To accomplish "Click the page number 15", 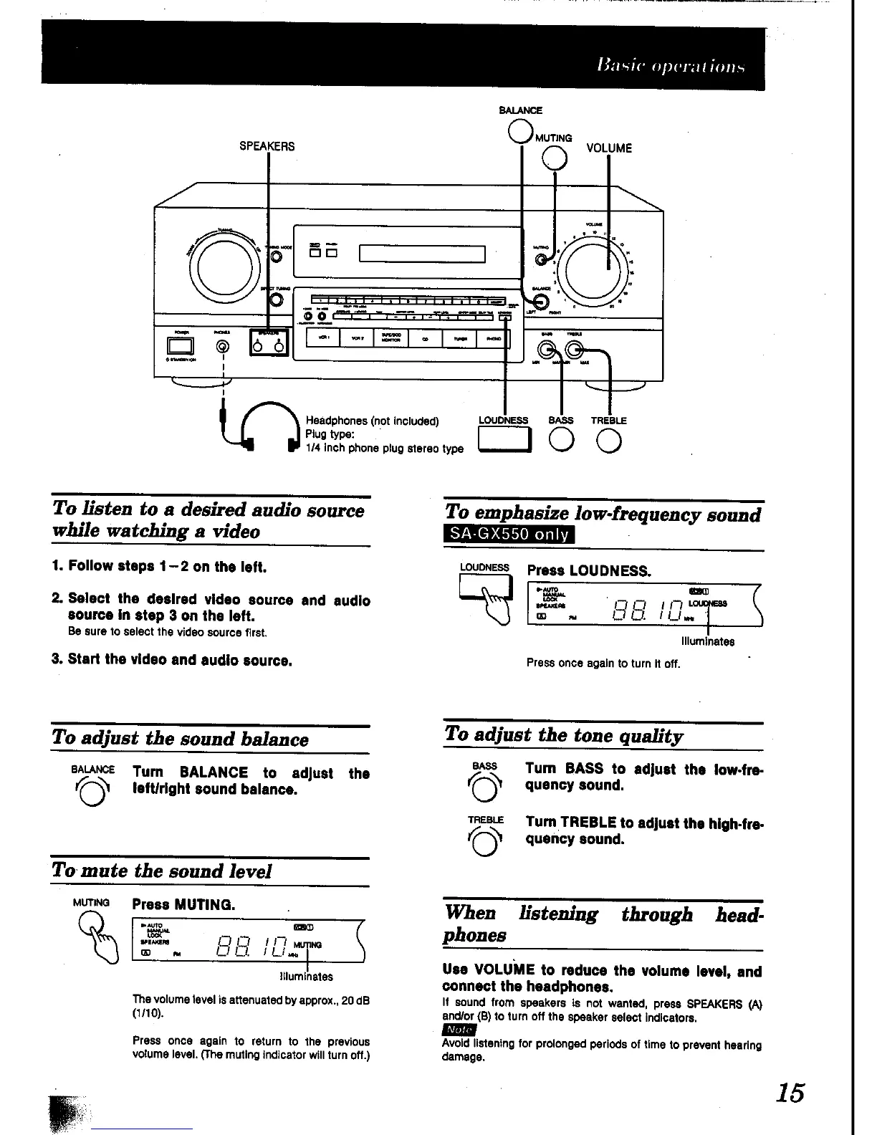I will (789, 1093).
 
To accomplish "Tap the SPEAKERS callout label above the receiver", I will (267, 147).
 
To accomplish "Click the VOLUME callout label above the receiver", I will (609, 148).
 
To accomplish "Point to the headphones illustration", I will (269, 428).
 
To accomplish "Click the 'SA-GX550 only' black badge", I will (509, 535).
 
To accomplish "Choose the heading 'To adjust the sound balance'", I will (181, 739).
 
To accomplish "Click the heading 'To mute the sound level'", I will (162, 871).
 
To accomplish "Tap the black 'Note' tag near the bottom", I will (460, 1030).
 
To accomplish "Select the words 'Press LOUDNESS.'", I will (589, 571).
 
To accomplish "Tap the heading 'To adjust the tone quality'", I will (564, 735).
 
